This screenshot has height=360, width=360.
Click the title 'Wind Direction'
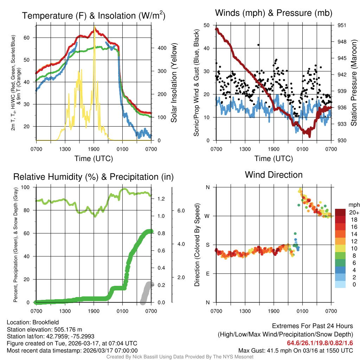(274, 175)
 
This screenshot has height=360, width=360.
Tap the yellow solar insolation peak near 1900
(94, 27)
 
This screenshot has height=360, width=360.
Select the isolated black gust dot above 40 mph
(258, 45)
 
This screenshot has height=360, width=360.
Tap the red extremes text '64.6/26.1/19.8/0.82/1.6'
(320, 343)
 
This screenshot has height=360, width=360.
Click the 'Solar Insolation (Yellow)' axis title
(174, 83)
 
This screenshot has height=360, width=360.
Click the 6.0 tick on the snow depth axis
(180, 211)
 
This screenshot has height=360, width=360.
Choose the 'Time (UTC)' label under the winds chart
(273, 159)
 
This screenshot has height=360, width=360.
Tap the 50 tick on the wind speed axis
(208, 25)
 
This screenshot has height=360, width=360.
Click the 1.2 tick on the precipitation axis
(161, 199)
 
